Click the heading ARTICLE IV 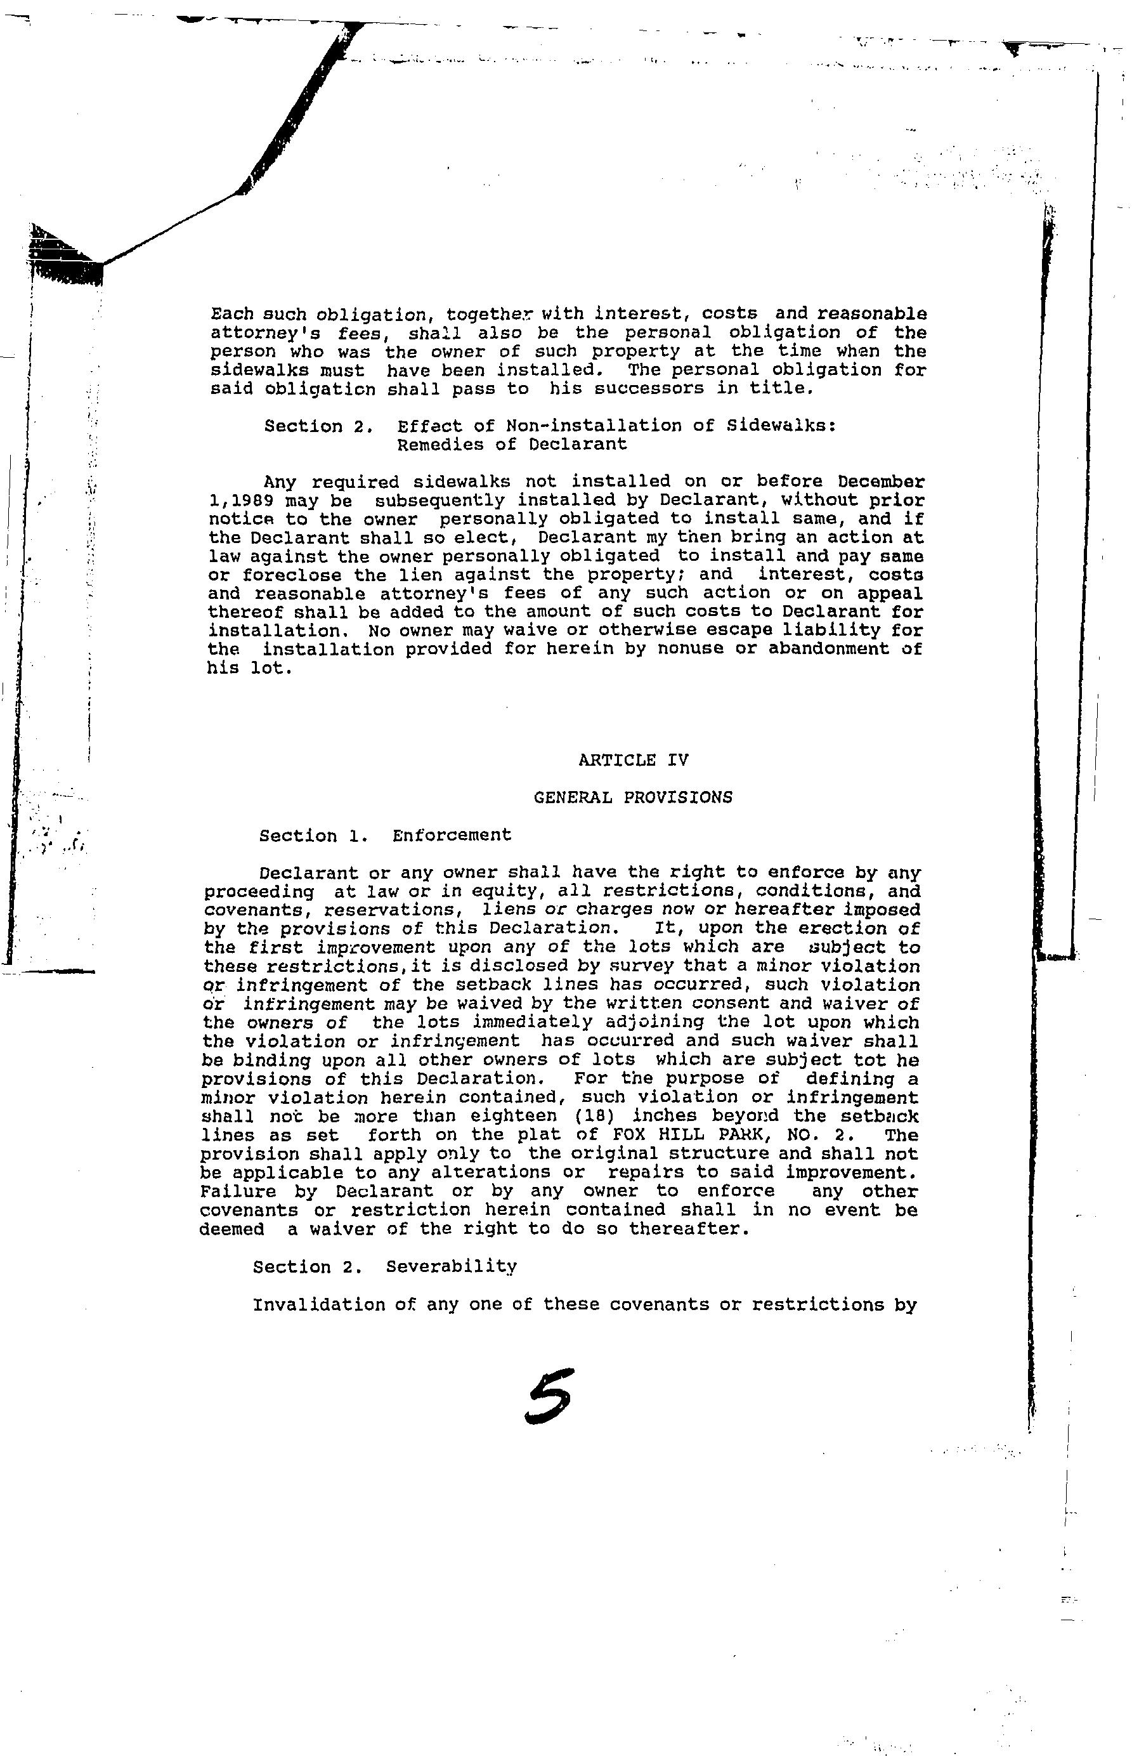(634, 759)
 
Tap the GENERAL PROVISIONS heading (633, 797)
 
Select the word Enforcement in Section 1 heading (452, 835)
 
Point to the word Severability (451, 1267)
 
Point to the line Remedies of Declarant (511, 445)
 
